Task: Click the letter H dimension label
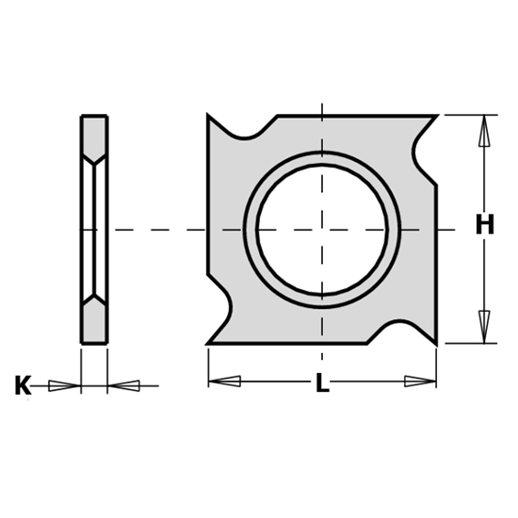(484, 225)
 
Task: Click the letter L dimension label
(322, 385)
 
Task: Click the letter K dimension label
(23, 385)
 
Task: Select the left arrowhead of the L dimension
(224, 381)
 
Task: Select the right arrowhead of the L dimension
(420, 381)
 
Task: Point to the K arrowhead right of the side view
(124, 384)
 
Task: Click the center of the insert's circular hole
(322, 229)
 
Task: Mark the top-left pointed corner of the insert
(209, 116)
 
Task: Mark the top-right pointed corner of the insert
(436, 118)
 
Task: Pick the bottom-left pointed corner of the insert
(209, 343)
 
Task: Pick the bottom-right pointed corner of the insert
(436, 342)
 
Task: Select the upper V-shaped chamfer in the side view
(94, 156)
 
